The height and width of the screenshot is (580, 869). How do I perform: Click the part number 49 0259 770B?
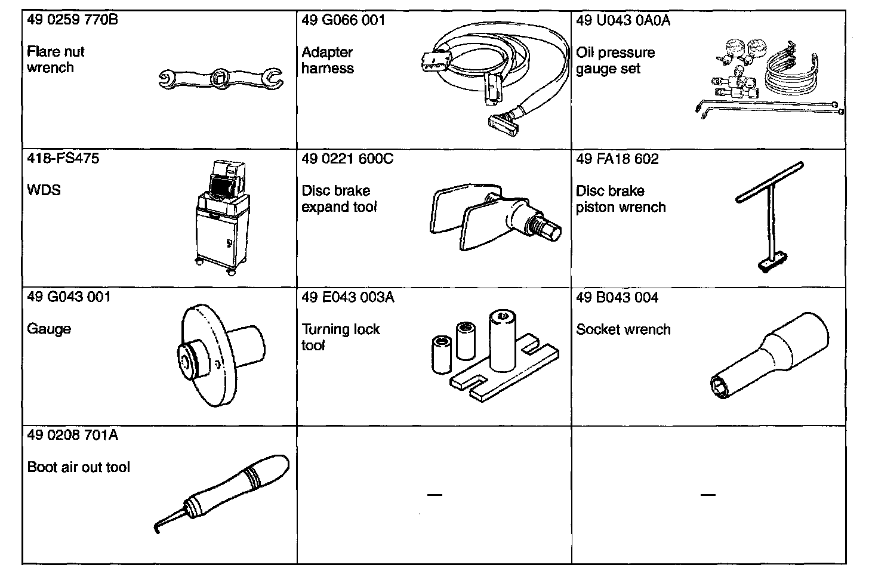pos(72,20)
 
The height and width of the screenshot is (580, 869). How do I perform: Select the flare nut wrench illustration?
pos(220,78)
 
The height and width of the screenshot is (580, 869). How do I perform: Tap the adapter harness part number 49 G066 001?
pos(343,20)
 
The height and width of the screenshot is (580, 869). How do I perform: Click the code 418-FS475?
pos(63,159)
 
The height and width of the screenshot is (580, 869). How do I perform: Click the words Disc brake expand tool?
pos(339,199)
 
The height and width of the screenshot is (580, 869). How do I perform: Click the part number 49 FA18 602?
pos(617,159)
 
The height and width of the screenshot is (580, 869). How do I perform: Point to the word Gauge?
pos(49,329)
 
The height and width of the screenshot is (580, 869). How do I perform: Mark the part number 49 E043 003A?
pos(348,297)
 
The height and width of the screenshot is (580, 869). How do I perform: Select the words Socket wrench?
pos(623,329)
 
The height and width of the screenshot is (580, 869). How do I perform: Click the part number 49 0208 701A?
pos(73,436)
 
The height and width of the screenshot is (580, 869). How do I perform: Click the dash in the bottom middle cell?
pos(434,495)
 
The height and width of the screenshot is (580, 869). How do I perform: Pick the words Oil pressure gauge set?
pos(615,60)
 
